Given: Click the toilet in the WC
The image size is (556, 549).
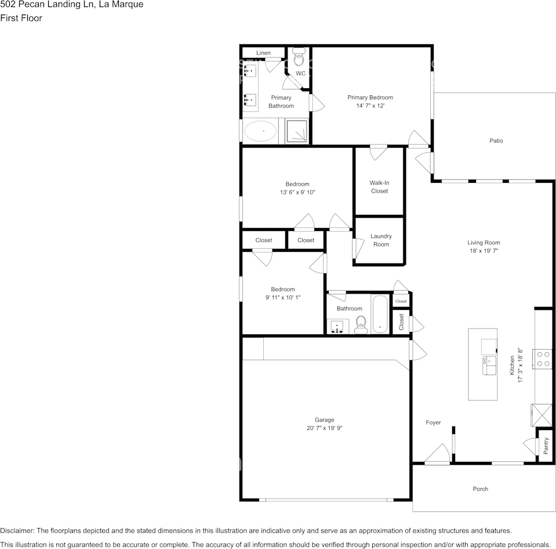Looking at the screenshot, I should tap(299, 58).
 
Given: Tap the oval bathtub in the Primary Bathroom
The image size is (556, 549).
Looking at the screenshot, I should tap(261, 131).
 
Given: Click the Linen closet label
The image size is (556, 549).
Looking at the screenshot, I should tap(263, 53).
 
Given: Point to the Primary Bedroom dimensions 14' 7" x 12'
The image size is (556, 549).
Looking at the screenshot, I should tap(370, 106).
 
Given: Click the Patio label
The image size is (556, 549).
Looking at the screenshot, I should tap(496, 141).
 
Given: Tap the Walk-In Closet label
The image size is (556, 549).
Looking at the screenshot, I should tap(379, 187).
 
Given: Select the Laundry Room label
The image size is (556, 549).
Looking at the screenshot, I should tap(381, 240).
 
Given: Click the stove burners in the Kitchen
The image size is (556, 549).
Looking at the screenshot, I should tap(543, 358).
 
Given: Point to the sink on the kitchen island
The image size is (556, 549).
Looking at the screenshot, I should tap(488, 366).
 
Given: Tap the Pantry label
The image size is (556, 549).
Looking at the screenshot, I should tap(546, 446).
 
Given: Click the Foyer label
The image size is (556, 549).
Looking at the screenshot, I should tap(433, 422).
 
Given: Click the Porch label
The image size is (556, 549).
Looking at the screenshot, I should tap(480, 489).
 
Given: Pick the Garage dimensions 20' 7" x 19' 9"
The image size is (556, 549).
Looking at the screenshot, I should tap(324, 428).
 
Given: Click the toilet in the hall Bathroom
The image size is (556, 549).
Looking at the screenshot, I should tap(361, 324).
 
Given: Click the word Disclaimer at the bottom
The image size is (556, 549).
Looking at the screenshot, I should tap(17, 530).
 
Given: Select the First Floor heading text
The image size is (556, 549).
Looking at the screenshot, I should tap(21, 18).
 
